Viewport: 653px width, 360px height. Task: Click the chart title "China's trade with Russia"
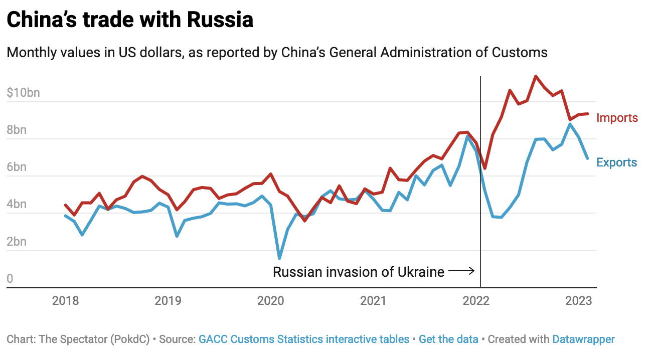[130, 20]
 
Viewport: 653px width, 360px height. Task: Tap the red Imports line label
[617, 118]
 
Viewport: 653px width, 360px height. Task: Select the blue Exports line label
[616, 162]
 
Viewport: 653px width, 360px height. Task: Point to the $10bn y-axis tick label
[24, 93]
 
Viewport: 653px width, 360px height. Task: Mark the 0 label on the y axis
[10, 279]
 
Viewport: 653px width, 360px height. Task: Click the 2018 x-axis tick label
[66, 301]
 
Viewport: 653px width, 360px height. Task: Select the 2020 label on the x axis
[271, 301]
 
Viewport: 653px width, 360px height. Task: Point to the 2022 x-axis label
[476, 301]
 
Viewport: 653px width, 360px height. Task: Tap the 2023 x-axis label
[578, 301]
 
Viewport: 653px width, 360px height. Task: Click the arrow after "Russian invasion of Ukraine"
[461, 272]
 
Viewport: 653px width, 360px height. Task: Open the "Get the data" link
[448, 339]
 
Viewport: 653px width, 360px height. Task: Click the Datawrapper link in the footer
[583, 339]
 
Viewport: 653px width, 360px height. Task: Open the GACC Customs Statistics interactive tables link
[304, 339]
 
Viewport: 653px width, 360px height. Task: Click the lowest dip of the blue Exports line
[279, 259]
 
